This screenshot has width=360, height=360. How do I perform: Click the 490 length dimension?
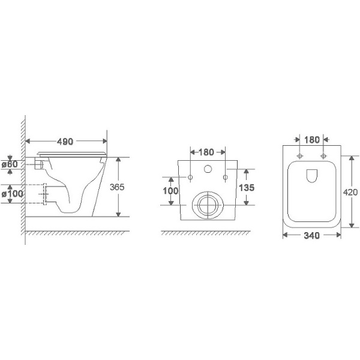coord(65,142)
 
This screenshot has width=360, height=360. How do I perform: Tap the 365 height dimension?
coord(117,187)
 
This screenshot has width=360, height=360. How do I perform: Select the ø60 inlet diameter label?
coord(10,164)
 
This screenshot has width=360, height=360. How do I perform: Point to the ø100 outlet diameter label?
coord(12,194)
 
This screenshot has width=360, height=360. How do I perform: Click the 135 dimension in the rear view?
coord(247,188)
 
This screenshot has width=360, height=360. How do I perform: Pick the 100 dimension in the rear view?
coord(170,191)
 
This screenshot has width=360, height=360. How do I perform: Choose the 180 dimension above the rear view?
coord(206,152)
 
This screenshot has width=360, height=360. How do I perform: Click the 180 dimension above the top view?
coord(312,140)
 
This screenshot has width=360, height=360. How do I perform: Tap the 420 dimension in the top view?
coord(350,192)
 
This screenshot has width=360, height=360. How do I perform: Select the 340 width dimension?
coord(311,235)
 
